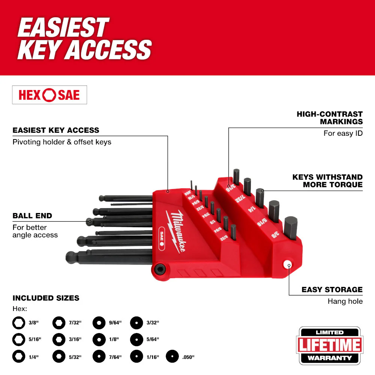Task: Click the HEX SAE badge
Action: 49,95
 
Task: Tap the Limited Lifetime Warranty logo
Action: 330,345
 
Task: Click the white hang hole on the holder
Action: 288,265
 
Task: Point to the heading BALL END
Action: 32,216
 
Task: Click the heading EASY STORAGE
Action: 332,289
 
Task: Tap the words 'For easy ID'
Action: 343,133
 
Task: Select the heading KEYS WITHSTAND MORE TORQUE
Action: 327,180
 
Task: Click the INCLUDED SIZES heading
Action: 46,298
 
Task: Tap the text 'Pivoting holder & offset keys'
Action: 62,142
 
